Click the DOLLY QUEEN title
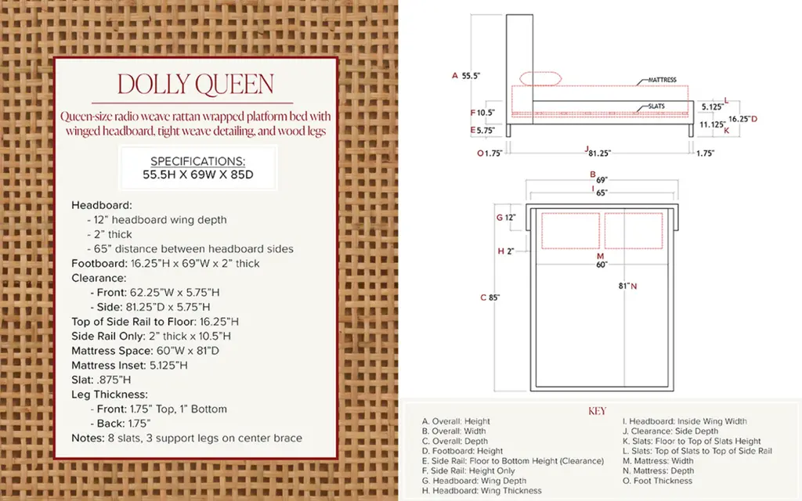tap(195, 85)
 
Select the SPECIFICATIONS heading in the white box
tap(198, 161)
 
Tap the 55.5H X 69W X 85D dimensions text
tap(198, 175)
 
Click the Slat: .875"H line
tap(101, 380)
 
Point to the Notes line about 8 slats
tap(186, 438)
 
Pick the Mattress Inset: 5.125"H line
tap(129, 366)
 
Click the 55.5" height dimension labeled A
tap(471, 76)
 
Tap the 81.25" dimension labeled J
tap(599, 153)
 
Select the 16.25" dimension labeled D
tap(739, 119)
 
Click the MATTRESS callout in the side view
tap(662, 80)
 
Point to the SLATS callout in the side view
tap(656, 106)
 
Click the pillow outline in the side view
tap(540, 79)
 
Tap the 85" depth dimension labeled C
tap(494, 297)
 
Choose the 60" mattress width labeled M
tap(601, 265)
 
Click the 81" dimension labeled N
tap(623, 287)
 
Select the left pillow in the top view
tap(570, 231)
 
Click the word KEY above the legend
tap(597, 412)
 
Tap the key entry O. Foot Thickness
tap(657, 481)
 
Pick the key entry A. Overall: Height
tap(456, 421)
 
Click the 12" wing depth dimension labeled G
tap(510, 218)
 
